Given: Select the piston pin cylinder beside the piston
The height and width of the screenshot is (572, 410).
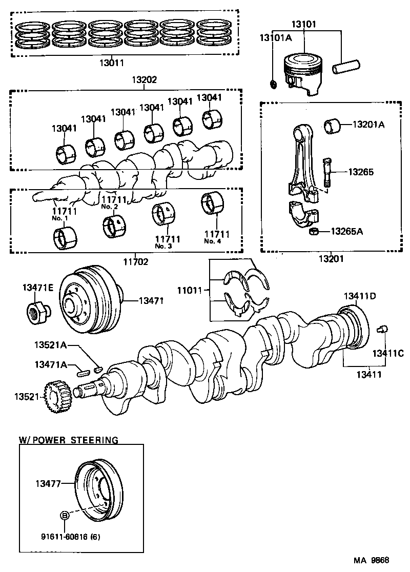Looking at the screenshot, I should (347, 67).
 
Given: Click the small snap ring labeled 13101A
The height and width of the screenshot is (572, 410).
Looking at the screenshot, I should (273, 83).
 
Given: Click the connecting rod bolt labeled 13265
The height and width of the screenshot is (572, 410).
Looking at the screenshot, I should (327, 173).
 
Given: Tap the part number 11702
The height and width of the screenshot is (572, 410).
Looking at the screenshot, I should (135, 261).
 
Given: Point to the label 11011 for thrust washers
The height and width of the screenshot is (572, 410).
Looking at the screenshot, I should (191, 290).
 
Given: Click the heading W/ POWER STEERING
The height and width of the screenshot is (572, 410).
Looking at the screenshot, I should (69, 440).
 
